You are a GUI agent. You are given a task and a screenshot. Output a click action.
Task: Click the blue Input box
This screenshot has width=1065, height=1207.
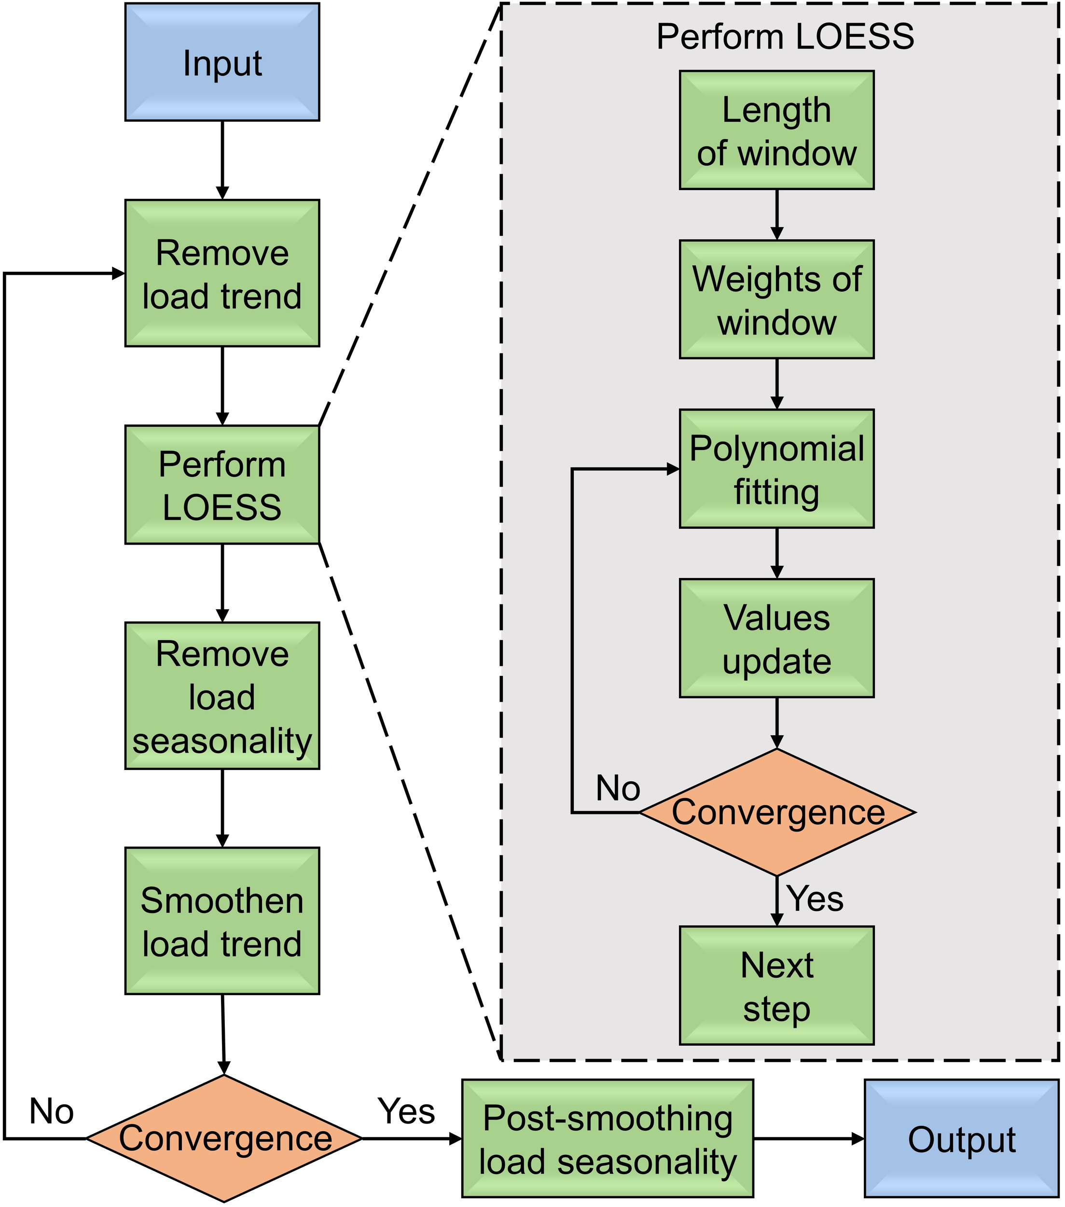[222, 62]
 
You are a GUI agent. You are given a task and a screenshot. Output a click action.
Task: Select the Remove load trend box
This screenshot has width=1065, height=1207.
[222, 273]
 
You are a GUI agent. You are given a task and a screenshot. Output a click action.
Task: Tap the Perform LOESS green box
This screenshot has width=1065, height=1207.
[222, 485]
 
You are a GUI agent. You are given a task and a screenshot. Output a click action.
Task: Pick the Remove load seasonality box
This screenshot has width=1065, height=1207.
[222, 696]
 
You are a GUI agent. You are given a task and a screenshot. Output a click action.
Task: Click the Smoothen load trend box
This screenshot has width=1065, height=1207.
[222, 921]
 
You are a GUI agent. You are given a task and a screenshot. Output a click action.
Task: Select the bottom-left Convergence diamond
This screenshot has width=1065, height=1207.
[224, 1138]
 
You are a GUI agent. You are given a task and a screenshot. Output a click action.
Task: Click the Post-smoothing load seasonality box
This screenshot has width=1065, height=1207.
[608, 1138]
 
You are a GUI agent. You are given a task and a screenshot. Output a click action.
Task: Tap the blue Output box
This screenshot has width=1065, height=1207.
[961, 1138]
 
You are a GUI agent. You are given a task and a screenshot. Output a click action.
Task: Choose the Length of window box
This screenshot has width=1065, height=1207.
[776, 130]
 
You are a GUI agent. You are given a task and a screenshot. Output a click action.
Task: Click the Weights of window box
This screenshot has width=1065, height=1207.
[776, 299]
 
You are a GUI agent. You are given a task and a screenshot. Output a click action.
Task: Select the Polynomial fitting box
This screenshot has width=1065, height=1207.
[776, 469]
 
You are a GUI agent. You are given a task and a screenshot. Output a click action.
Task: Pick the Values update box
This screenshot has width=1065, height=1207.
[776, 638]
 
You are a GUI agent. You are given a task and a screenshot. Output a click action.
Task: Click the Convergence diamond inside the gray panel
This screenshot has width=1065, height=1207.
[777, 812]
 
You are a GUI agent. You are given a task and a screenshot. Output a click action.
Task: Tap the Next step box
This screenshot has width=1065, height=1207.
[776, 985]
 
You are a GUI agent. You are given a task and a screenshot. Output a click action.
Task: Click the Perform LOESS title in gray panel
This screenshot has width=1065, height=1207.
[785, 37]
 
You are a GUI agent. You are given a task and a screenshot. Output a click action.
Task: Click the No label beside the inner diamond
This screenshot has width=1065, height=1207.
[618, 788]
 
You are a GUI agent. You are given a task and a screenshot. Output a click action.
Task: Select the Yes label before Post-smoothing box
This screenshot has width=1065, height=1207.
[406, 1111]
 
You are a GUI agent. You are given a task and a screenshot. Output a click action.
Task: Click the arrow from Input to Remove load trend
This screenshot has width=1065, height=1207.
[222, 160]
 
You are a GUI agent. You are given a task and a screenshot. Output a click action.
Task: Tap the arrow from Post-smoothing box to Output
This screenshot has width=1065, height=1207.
[809, 1138]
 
